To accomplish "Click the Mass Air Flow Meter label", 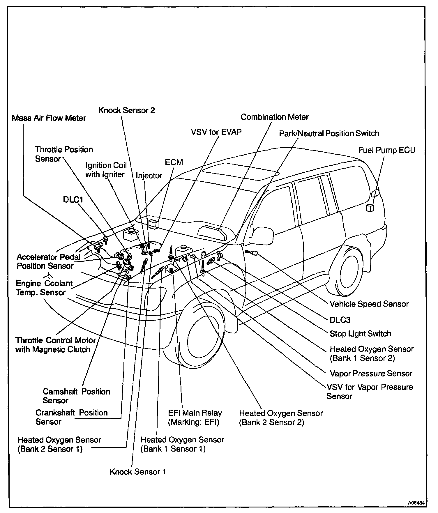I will coord(49,118).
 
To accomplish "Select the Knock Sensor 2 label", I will coord(127,111).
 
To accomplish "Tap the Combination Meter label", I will coord(274,117).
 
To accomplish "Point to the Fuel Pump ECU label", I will coord(386,150).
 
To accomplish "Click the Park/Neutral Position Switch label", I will coord(329,134).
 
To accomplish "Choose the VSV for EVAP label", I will coord(216,132).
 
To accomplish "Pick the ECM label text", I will coord(174,162).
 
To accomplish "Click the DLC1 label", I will coord(73,200).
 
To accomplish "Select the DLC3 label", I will coord(340,320).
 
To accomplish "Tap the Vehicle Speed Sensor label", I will coord(369,304).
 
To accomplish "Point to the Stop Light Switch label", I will coord(360,334).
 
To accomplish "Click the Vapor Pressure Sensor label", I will coord(371,374).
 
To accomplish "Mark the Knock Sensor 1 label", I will coord(138,472).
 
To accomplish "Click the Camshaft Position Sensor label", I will coord(76,396).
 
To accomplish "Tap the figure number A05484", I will coord(416,503).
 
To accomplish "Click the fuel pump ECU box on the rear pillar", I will coord(369,208).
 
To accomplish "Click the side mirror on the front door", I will coord(262,236).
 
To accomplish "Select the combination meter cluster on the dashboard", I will coord(212,233).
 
